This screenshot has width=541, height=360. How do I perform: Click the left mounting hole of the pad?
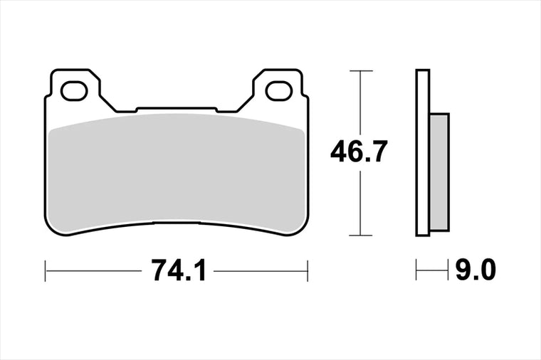pyautogui.click(x=74, y=90)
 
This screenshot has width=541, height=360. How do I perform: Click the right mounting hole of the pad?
pyautogui.click(x=279, y=90)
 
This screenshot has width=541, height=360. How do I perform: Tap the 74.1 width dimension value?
pyautogui.click(x=179, y=271)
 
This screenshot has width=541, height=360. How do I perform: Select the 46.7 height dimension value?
pyautogui.click(x=359, y=152)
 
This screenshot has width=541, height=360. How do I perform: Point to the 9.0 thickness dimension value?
pyautogui.click(x=476, y=270)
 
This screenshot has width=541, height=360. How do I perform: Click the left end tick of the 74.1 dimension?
pyautogui.click(x=45, y=271)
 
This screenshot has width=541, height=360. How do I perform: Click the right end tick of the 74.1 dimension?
pyautogui.click(x=308, y=271)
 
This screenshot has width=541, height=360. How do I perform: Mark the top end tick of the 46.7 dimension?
pyautogui.click(x=361, y=70)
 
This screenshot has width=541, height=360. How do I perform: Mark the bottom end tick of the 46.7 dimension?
pyautogui.click(x=361, y=235)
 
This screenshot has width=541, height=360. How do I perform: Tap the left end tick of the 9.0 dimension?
pyautogui.click(x=416, y=270)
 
